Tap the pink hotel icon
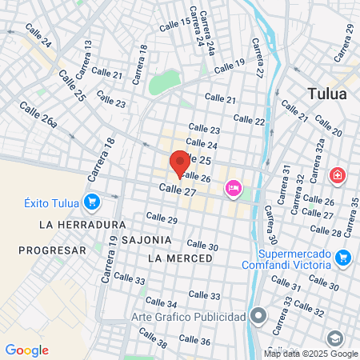click(234, 187)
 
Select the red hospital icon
click(338, 174)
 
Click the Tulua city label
click(328, 94)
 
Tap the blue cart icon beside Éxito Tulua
click(92, 202)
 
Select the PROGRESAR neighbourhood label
click(52, 250)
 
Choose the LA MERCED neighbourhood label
click(181, 258)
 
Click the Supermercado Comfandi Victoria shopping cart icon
click(343, 257)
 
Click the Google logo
click(26, 350)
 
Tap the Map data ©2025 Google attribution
click(311, 354)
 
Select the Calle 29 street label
click(162, 218)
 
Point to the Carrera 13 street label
click(82, 63)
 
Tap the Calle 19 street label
click(230, 64)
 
